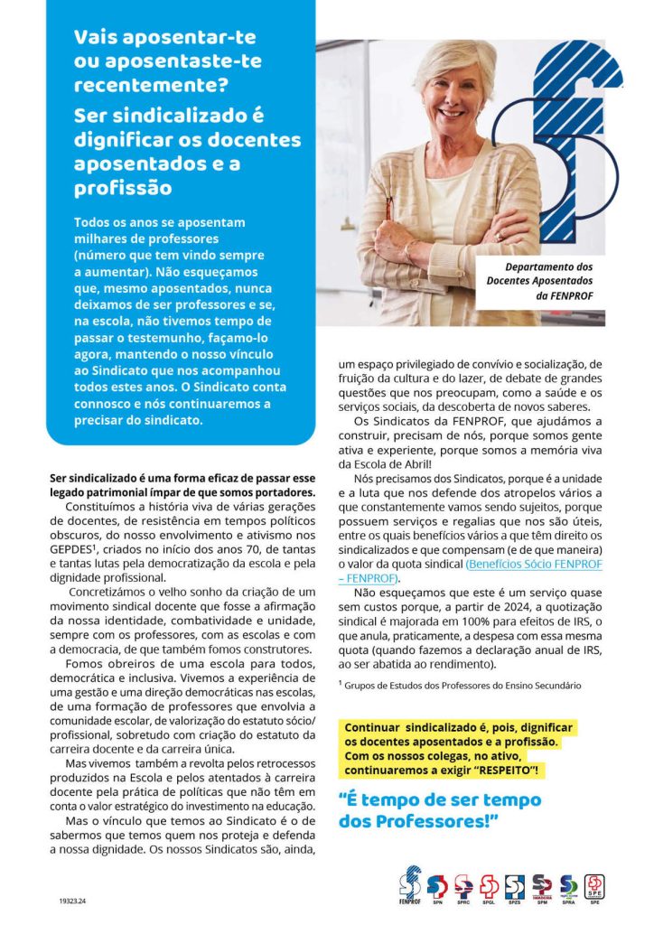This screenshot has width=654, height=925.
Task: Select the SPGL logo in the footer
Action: [x=490, y=887]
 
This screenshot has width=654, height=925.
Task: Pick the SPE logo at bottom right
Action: [x=595, y=887]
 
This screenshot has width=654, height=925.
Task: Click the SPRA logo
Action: [x=568, y=887]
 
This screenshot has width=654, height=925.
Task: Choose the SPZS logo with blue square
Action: [x=516, y=887]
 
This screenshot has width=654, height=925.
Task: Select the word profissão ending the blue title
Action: [x=123, y=190]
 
